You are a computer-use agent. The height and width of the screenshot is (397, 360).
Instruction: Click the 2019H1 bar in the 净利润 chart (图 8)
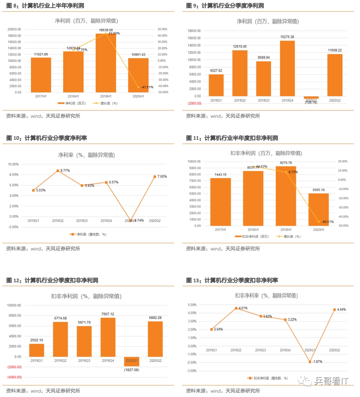[106, 63]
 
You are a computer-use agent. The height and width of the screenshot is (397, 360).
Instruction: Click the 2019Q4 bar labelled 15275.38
[287, 69]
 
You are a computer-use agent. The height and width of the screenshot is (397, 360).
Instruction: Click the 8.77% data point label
[65, 170]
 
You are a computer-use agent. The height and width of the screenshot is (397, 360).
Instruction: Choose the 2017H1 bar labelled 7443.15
[221, 202]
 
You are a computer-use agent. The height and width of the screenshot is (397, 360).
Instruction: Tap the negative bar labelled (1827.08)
[131, 361]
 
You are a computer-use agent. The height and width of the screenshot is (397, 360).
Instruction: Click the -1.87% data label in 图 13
[316, 361]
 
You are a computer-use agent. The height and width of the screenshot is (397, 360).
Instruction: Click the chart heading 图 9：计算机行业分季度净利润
[225, 6]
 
